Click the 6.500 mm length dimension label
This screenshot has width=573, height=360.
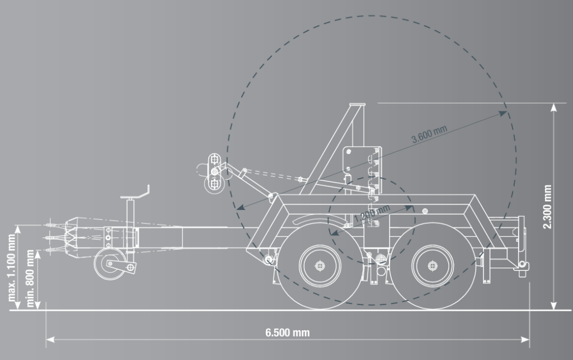point(287,333)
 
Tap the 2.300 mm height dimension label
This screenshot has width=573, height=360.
point(547,207)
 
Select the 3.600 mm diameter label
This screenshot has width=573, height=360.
point(429,134)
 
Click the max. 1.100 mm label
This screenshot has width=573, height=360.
point(12,267)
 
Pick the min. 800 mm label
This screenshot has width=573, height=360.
point(30,278)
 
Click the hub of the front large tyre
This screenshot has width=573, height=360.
point(320,266)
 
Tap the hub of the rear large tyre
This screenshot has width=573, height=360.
point(433,266)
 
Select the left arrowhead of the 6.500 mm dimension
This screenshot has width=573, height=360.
point(50,339)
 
